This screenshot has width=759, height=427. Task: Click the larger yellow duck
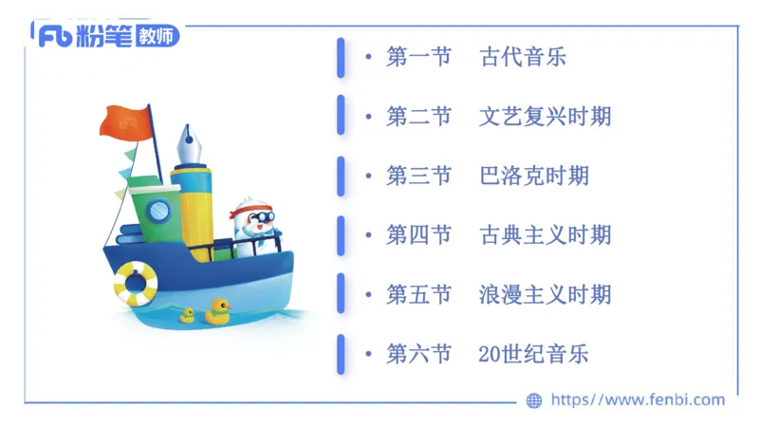(219, 310)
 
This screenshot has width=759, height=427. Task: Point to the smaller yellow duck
(187, 316)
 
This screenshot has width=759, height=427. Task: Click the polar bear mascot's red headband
(254, 208)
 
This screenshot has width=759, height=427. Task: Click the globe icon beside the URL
(534, 400)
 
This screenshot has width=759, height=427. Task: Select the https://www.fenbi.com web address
(638, 400)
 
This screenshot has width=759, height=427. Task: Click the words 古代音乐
(523, 57)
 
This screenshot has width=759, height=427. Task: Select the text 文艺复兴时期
(546, 117)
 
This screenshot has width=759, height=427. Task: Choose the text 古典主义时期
(546, 234)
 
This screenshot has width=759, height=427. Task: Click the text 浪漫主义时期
(546, 294)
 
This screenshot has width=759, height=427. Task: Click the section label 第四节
(418, 234)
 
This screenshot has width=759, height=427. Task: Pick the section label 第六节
(418, 354)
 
